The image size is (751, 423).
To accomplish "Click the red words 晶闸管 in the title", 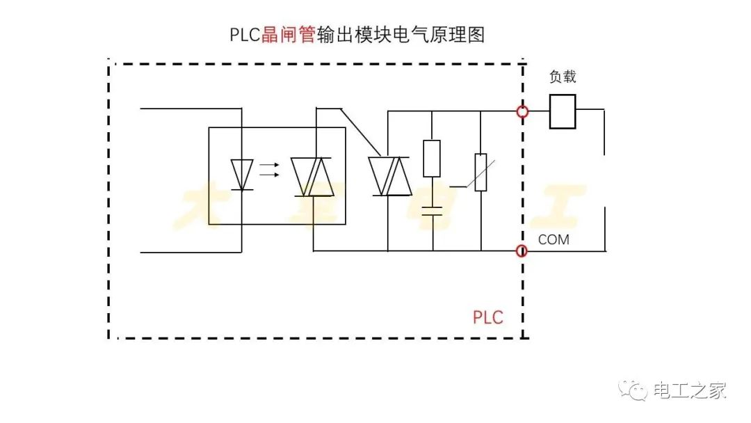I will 288,35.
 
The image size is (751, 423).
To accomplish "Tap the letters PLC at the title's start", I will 245,35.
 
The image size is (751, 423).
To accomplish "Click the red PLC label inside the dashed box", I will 487,317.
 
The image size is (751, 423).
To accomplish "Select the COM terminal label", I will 554,239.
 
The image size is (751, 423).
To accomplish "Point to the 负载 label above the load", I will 563,77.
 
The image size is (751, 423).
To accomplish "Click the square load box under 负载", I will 563,112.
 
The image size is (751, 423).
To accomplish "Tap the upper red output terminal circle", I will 522,111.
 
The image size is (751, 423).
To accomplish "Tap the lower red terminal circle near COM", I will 522,250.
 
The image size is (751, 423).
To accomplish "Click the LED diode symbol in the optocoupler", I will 242,174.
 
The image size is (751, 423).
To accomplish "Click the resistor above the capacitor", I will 432,159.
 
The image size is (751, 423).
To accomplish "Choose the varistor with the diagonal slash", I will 480,173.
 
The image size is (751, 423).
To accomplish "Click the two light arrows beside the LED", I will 269,170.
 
